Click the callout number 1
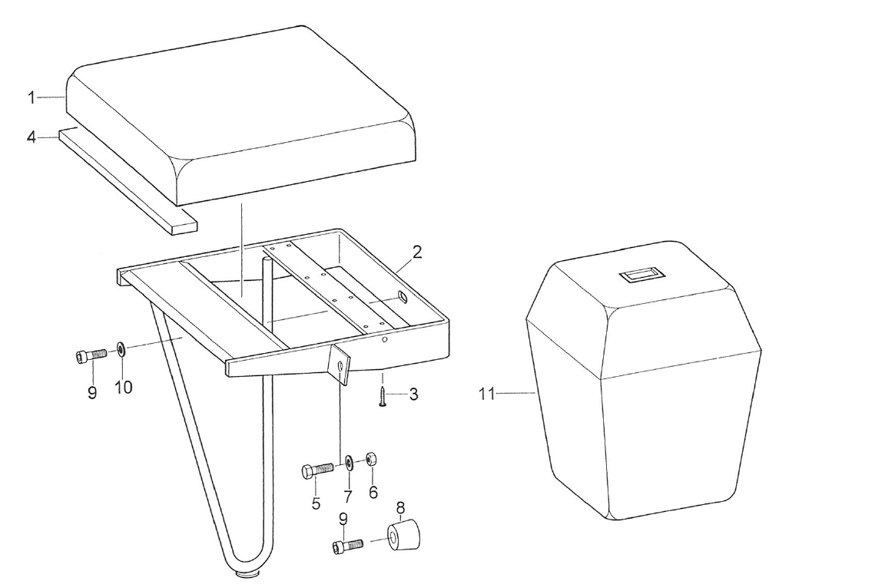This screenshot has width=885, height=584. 31,97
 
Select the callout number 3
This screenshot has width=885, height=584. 413,395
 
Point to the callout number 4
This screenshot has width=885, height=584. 31,137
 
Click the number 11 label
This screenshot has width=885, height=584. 487,394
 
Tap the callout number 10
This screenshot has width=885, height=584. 124,388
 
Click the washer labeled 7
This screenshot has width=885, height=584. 349,463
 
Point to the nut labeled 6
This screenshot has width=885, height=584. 370,460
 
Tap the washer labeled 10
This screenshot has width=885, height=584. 122,351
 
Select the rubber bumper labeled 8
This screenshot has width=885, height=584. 403,536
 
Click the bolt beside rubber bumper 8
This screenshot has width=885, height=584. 346,546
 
